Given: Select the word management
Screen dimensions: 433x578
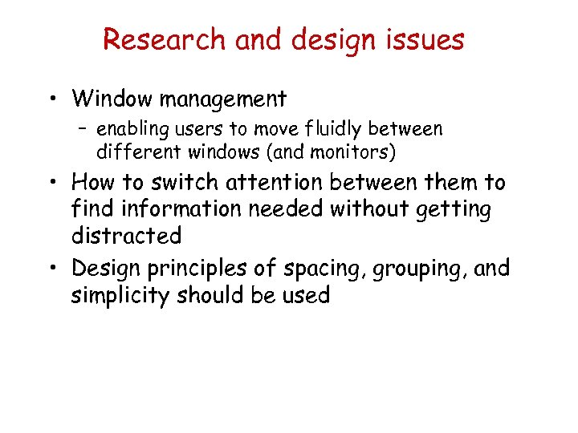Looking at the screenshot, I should [223, 99].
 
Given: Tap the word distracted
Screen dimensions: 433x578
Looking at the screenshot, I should [126, 237].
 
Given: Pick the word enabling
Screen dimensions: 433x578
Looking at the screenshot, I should [128, 130].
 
